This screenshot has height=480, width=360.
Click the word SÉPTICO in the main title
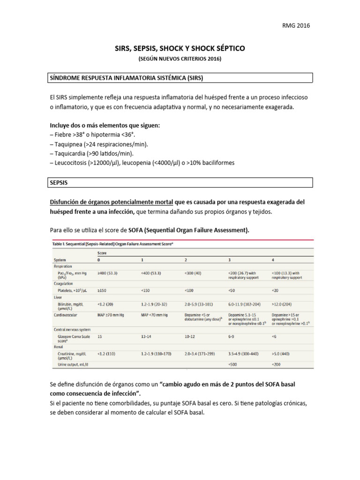225,48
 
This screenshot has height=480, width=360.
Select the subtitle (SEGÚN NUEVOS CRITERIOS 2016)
180,59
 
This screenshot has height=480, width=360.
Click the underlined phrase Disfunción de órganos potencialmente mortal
111,202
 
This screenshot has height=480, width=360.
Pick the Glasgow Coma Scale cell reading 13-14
147,337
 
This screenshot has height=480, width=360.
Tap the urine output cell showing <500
233,364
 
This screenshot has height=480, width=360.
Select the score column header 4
273,260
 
